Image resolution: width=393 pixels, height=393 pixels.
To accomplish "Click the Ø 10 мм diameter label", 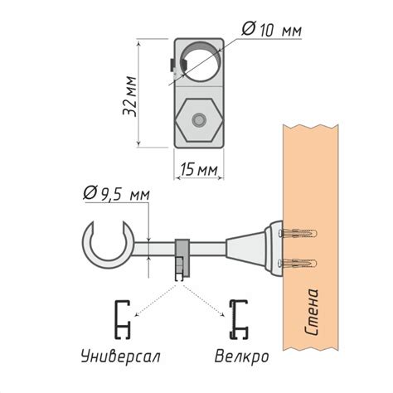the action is point(271,29).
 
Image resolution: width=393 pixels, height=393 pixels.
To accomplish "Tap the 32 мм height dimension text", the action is point(129,96).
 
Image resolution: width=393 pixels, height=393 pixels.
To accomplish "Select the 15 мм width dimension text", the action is point(199,169).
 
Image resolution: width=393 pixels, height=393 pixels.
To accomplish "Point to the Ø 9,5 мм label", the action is point(116,193).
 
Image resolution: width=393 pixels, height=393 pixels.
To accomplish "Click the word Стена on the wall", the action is point(312,312).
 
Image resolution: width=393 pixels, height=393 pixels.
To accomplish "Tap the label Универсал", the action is point(120,357).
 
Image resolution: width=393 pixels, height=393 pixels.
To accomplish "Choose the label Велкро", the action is point(241,357).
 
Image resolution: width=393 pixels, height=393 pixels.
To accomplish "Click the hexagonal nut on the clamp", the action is point(199,120).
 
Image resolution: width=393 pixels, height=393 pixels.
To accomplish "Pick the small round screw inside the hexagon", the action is point(199,120).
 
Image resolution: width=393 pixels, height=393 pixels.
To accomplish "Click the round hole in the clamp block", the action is point(201,61).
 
